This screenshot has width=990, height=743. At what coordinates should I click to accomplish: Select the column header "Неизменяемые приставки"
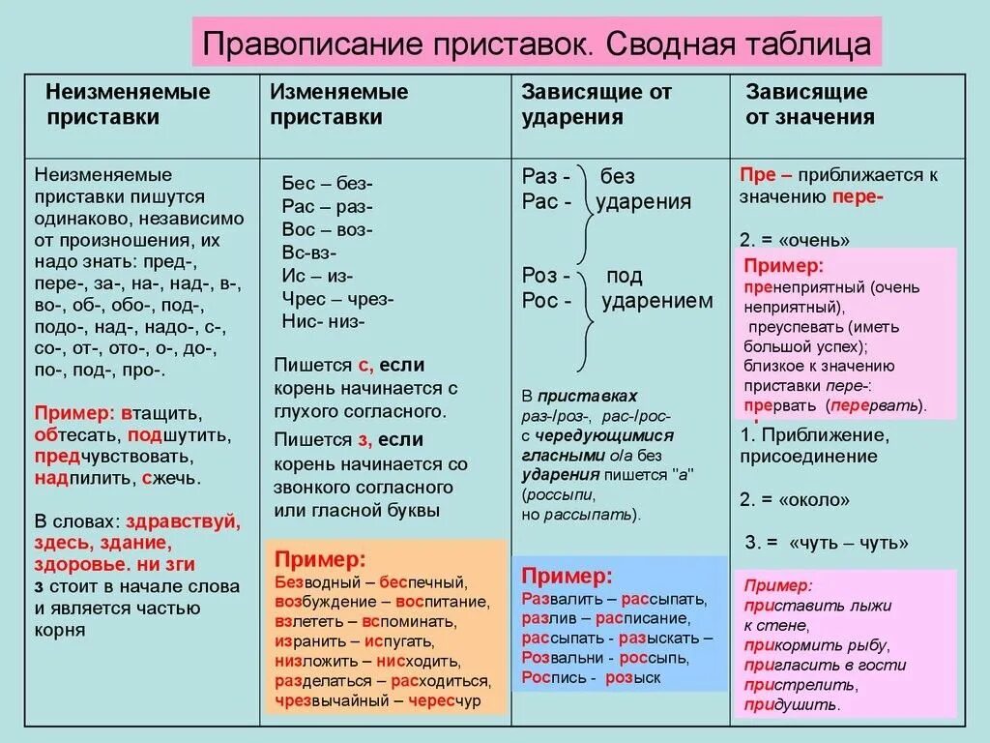128,104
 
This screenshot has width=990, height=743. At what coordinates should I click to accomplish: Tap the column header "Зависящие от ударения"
597,104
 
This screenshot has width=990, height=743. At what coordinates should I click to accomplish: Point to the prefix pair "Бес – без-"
327,184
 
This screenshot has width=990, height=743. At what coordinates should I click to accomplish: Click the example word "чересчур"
444,701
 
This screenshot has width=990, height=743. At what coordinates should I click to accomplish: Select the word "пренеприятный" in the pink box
804,288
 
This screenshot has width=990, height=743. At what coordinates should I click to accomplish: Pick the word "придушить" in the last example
792,705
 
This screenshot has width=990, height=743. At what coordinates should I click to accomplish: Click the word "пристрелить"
801,685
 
